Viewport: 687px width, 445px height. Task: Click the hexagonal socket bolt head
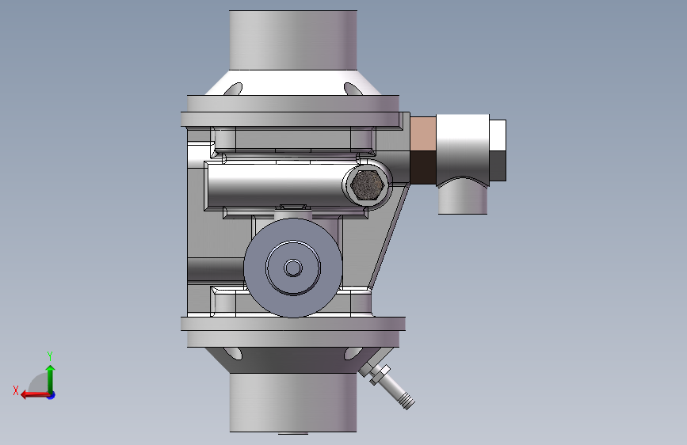point(367,185)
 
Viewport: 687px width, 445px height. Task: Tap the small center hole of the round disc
point(293,268)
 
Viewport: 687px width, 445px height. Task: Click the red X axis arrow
point(36,394)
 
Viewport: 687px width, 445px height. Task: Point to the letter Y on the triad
point(50,356)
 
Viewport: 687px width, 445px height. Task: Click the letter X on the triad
point(16,390)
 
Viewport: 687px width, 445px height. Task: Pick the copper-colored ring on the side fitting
point(423,134)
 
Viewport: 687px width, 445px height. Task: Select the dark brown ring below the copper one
point(423,167)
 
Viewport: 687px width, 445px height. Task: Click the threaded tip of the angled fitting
point(407,401)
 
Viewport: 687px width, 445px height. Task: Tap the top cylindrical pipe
point(293,40)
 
